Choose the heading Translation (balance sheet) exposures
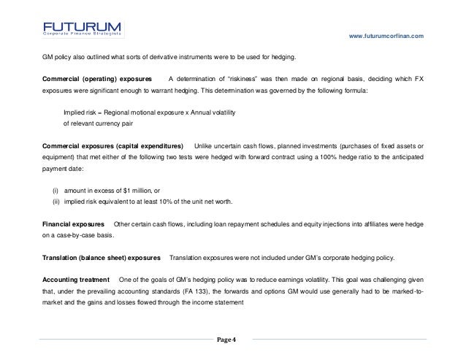[x=101, y=258]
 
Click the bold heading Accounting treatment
[x=76, y=280]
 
